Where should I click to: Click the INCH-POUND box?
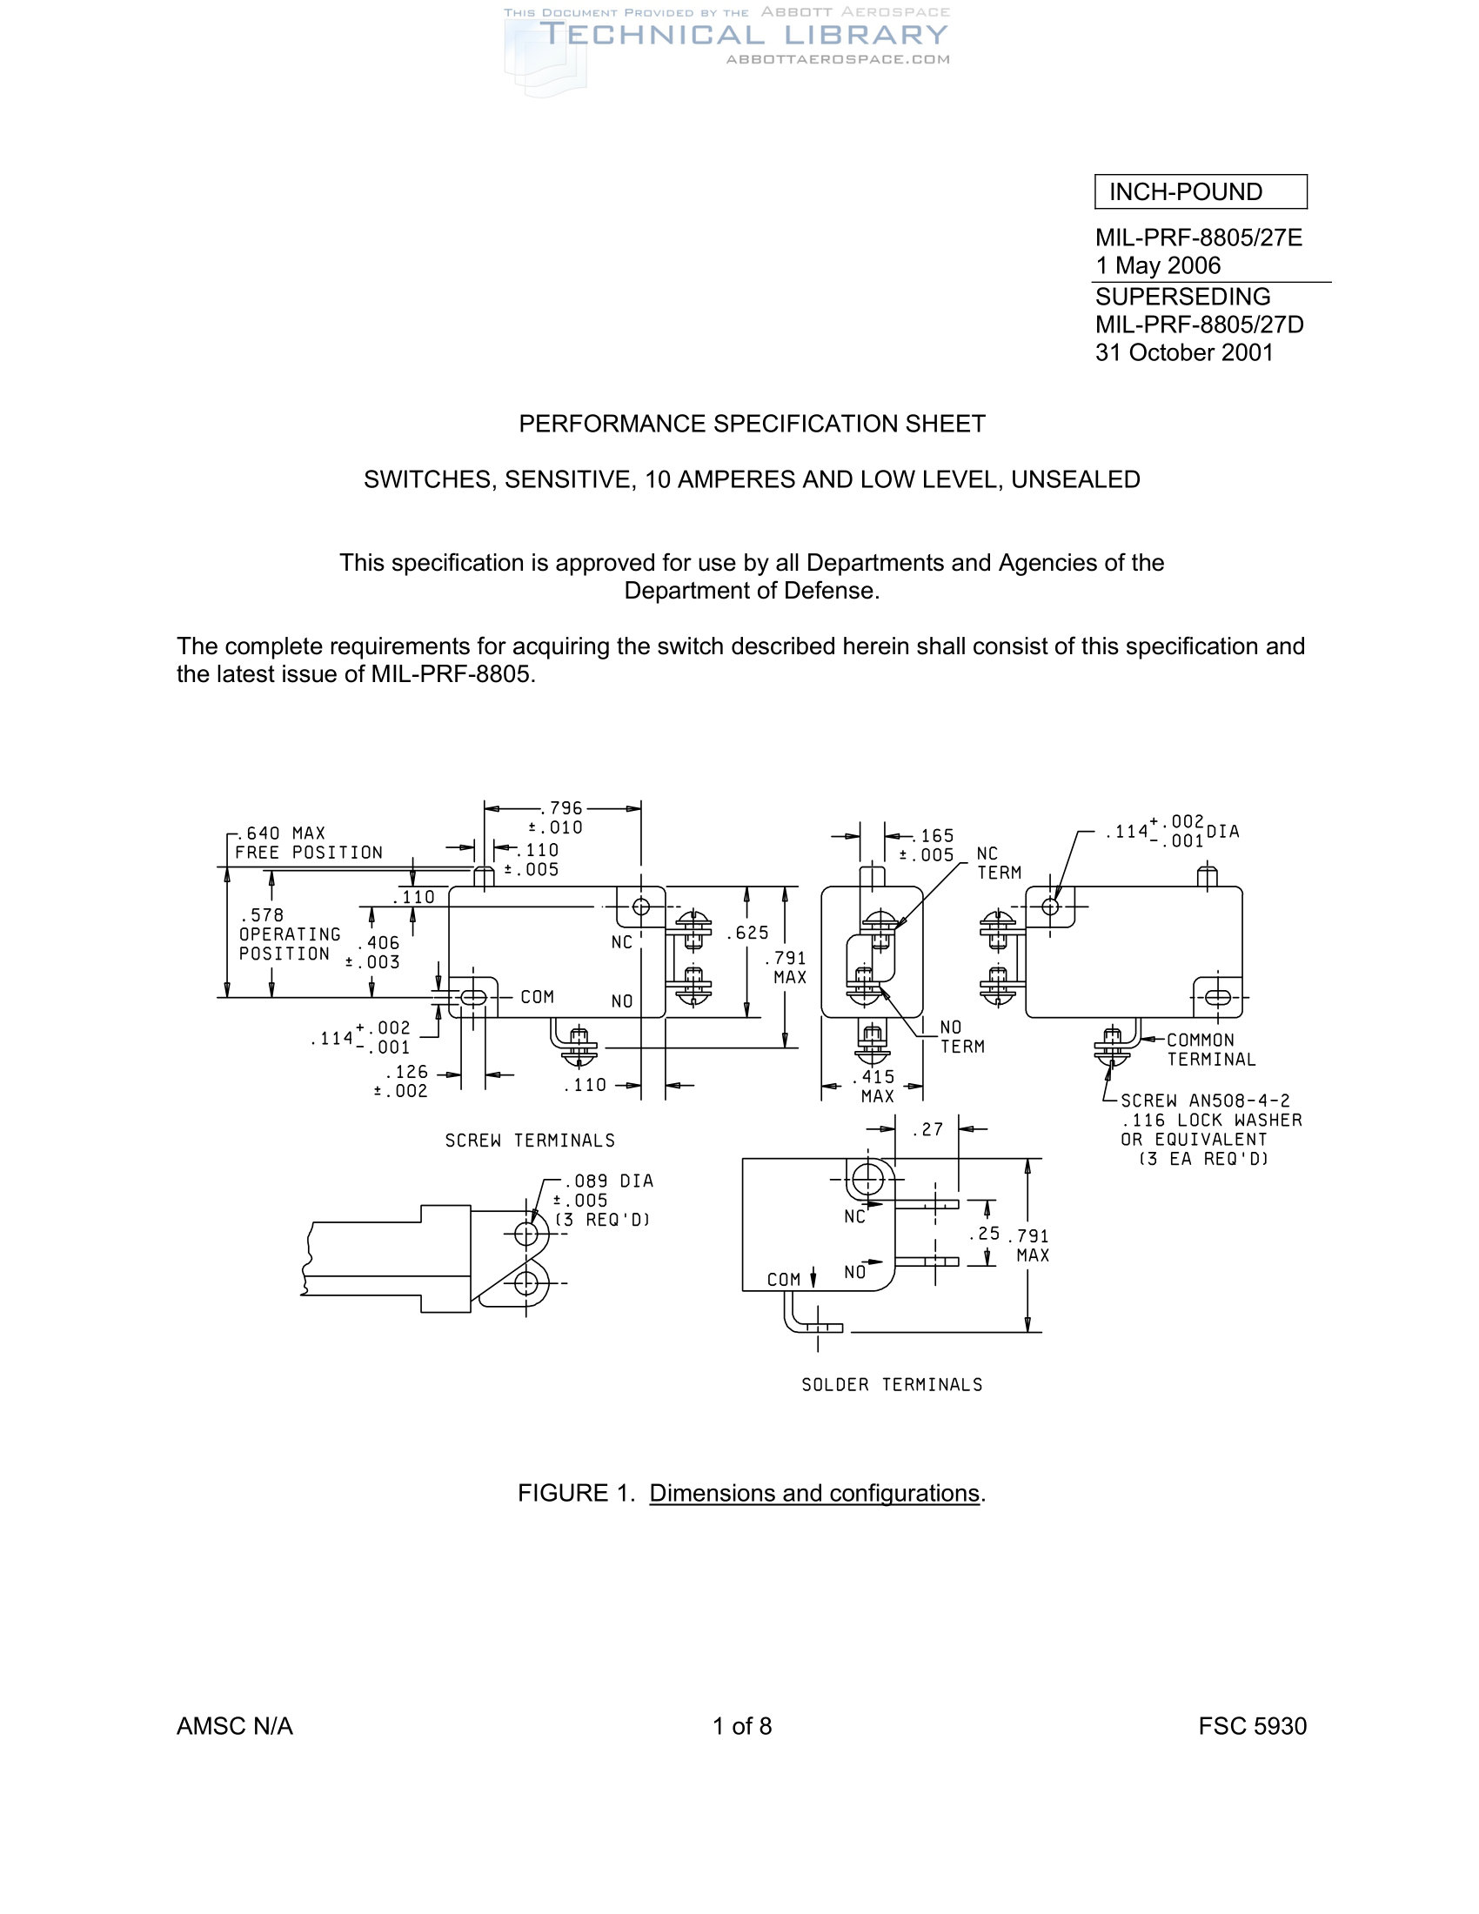tap(1200, 192)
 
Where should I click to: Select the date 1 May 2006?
tap(1157, 265)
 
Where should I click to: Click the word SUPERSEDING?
tap(1182, 296)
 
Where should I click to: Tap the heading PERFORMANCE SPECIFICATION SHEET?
tap(752, 425)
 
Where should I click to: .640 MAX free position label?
tap(280, 833)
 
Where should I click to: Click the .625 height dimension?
tap(747, 934)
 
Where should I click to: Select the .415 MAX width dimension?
tap(877, 1087)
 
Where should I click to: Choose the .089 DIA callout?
tap(609, 1181)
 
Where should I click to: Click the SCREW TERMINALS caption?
tap(530, 1141)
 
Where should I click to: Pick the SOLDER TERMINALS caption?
tap(892, 1385)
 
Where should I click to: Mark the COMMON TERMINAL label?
tap(1211, 1050)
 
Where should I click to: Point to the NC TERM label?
tap(999, 863)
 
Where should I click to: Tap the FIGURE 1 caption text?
tap(752, 1493)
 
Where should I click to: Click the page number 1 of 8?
tap(741, 1726)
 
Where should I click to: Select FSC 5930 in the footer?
tap(1252, 1726)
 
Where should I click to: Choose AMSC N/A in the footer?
tap(235, 1726)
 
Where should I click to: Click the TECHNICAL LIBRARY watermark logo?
tap(743, 36)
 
